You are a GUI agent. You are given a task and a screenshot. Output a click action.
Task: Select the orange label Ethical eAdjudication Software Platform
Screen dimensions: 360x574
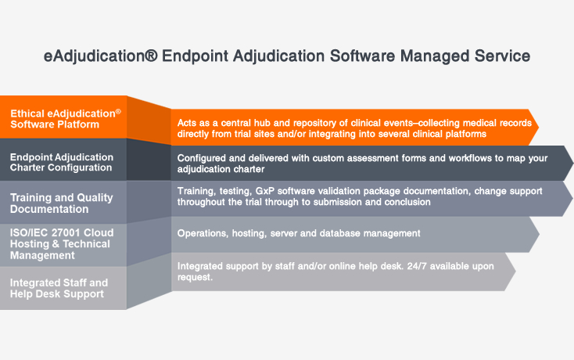(x=66, y=118)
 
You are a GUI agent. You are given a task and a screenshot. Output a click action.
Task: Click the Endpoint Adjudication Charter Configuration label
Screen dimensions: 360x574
(x=61, y=162)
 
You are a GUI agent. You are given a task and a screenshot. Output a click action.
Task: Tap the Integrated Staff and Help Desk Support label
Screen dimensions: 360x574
(x=59, y=287)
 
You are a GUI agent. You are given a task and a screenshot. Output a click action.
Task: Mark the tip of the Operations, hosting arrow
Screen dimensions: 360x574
(x=538, y=232)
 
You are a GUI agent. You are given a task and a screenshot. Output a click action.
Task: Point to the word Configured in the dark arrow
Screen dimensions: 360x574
(x=203, y=157)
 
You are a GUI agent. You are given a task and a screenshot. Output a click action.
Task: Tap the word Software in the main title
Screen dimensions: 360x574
(x=357, y=56)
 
